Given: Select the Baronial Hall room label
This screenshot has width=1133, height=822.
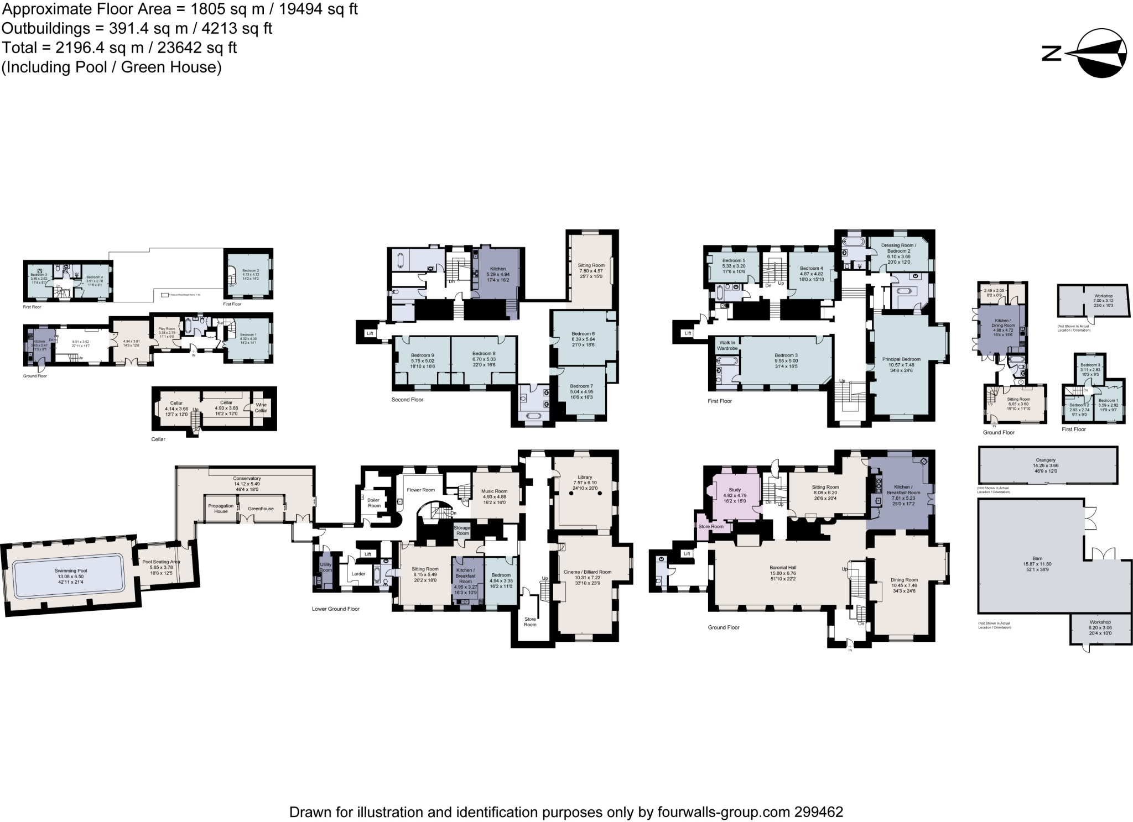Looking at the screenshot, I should click(x=782, y=568).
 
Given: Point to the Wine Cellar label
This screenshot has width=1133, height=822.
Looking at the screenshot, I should click(x=261, y=408).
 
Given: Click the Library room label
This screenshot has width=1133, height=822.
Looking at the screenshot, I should click(x=585, y=477).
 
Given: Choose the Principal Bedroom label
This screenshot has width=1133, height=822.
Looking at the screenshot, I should click(x=901, y=359).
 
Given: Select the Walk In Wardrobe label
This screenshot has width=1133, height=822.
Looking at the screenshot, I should click(x=727, y=345).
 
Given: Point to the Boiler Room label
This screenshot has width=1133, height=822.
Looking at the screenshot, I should click(x=374, y=502).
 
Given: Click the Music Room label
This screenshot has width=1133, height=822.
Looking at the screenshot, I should click(x=494, y=491).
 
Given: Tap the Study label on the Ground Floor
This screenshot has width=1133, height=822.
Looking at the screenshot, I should click(x=735, y=490).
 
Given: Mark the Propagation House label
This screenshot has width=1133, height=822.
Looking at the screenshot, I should click(x=221, y=509).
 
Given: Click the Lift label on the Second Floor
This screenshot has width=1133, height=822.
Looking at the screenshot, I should click(x=370, y=333).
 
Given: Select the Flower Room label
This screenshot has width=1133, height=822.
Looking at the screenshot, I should click(x=421, y=490).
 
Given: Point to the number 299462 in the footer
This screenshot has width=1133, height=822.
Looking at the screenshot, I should click(x=819, y=812).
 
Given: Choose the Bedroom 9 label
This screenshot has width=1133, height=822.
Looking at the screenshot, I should click(x=422, y=355).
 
